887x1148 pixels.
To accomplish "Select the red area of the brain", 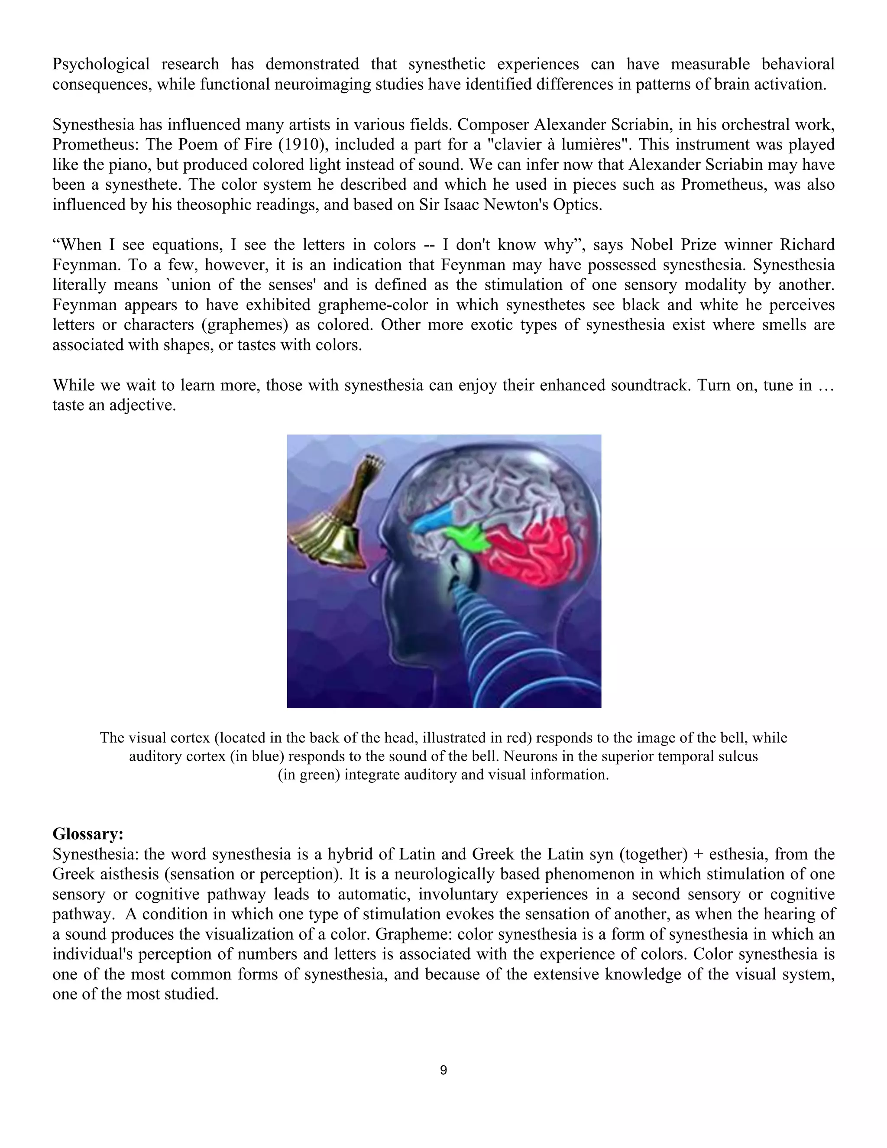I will click(531, 552).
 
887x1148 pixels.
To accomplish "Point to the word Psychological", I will click(100, 64).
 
